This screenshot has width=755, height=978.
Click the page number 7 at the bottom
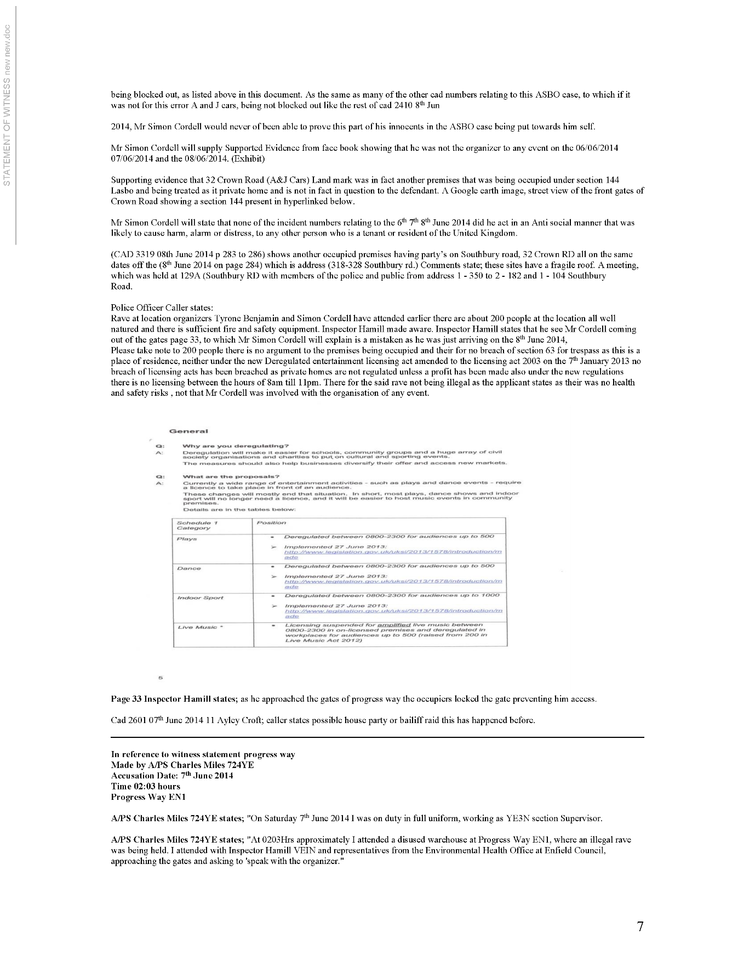(640, 926)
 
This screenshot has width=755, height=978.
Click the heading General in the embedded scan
(188, 431)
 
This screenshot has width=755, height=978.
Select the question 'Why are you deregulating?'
(235, 446)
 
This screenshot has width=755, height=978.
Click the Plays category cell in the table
(187, 539)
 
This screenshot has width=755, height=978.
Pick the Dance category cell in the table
(189, 568)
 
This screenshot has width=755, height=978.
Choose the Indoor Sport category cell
(200, 598)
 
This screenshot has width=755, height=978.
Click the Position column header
(271, 522)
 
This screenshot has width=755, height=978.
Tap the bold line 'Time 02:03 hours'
(145, 786)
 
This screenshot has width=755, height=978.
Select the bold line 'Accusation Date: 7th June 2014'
(172, 775)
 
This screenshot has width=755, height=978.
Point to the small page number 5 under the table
(161, 678)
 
